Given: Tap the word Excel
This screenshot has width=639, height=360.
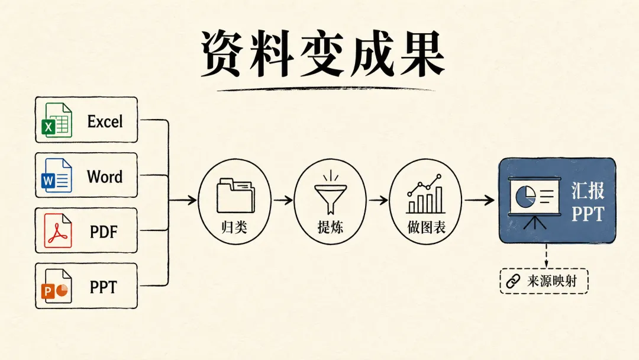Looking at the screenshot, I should coord(105,122).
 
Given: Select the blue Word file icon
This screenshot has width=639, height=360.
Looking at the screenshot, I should coord(56,175).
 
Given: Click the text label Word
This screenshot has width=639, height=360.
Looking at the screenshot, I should coord(105,176).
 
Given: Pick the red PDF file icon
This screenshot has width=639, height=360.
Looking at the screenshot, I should coord(57,230).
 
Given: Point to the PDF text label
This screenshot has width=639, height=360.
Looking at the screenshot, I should coord(104,232).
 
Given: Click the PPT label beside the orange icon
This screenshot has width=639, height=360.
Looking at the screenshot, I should coord(104,287).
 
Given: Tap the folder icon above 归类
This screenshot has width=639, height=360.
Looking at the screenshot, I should coord(235,195).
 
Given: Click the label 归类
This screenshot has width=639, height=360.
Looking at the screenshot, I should coord(234,227).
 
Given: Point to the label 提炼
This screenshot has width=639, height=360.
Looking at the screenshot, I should coord(330,227).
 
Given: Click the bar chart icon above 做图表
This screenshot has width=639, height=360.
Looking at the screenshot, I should coord(425,194).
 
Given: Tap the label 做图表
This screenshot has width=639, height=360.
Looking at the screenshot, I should coord(425,227).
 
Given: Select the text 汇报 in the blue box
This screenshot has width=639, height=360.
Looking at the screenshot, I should coord(588,191).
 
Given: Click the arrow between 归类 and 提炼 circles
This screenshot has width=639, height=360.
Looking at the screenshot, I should coord(283,200).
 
